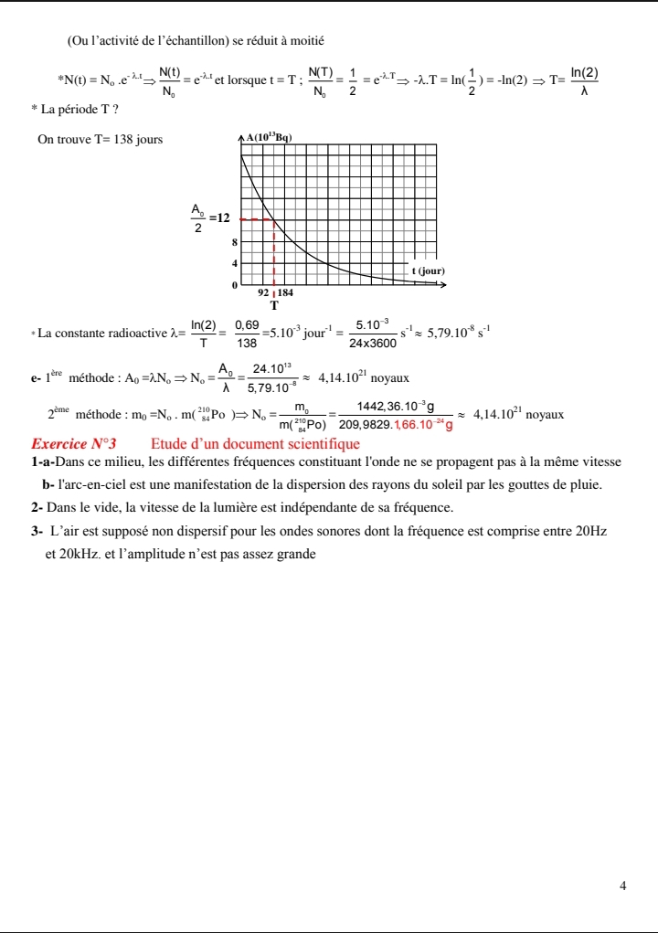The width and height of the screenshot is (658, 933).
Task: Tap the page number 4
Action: click(622, 885)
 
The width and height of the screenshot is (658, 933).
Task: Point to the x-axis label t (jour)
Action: click(428, 270)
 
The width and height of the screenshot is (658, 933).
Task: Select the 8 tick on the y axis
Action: click(234, 243)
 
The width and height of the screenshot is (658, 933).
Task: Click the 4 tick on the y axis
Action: click(234, 263)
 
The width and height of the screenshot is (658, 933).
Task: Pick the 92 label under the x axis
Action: click(263, 293)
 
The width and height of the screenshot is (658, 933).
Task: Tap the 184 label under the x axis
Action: click(285, 293)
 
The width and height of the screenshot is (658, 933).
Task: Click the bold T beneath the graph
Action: click(273, 304)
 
